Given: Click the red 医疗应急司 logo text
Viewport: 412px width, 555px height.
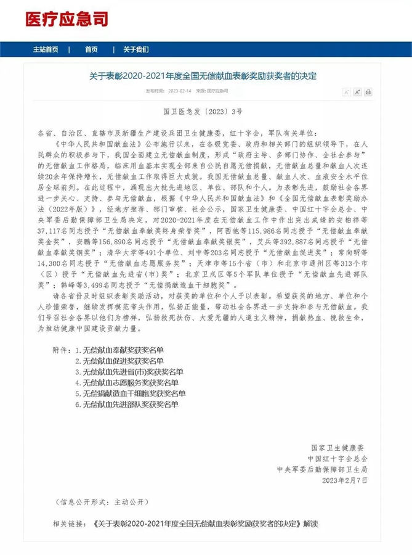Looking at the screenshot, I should [66, 19].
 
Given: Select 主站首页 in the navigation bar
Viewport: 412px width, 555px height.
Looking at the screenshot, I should [46, 49].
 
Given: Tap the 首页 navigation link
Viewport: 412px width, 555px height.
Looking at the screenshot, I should [91, 49].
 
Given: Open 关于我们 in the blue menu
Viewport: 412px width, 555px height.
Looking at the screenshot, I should [135, 49].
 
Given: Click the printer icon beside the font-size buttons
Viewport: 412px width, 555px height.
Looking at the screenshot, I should [368, 92].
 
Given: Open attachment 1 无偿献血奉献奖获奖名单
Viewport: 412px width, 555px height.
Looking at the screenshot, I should [123, 349].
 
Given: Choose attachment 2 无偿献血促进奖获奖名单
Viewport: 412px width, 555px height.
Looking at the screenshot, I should [123, 360].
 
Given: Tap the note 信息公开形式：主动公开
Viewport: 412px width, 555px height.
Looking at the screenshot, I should [102, 503].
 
